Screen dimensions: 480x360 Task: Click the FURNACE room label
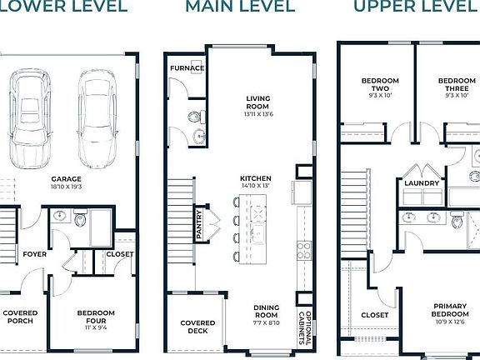(x=187, y=68)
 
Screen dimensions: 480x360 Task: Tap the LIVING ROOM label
(x=258, y=102)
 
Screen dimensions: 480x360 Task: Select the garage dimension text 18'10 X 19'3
(x=67, y=187)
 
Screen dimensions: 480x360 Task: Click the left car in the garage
(x=30, y=118)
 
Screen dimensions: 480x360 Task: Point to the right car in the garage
(x=97, y=119)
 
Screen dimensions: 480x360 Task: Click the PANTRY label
(x=199, y=224)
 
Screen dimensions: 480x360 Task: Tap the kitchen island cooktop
(x=258, y=213)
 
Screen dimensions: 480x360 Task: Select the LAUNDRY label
(x=422, y=183)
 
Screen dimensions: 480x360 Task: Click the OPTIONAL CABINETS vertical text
(x=305, y=327)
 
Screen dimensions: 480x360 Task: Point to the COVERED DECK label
(x=197, y=327)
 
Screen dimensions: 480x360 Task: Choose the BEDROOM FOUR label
(x=96, y=317)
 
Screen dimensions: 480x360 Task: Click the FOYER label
(x=35, y=254)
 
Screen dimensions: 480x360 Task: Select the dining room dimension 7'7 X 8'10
(x=267, y=322)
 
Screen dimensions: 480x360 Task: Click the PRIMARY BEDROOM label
(x=450, y=310)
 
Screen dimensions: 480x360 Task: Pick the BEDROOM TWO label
(x=380, y=84)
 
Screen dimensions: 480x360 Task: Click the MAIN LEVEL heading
(x=240, y=6)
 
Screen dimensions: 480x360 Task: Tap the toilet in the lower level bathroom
(x=80, y=218)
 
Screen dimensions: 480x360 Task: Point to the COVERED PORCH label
(x=20, y=317)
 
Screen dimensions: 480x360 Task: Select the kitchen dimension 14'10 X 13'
(x=256, y=186)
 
